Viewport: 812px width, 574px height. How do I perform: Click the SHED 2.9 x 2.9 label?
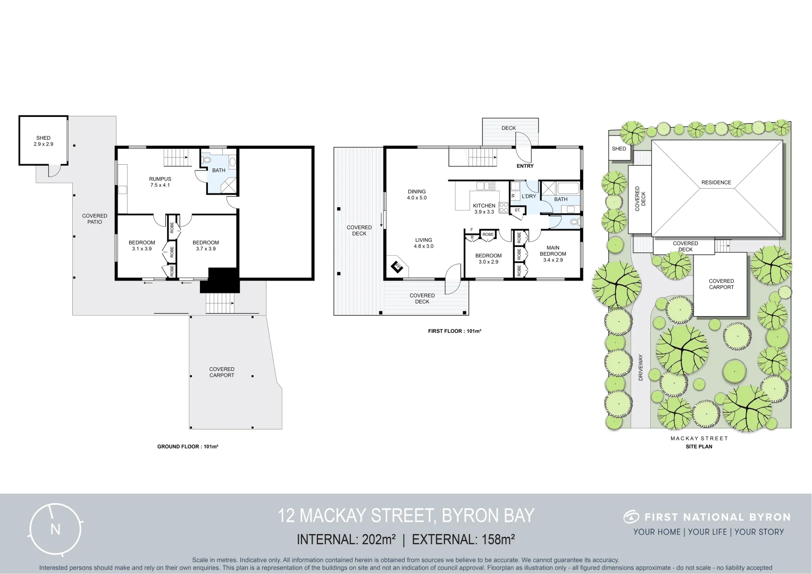(x=44, y=141)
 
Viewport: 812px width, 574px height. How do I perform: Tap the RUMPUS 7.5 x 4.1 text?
(x=160, y=182)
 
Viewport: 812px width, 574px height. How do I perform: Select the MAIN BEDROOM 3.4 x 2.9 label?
(x=553, y=254)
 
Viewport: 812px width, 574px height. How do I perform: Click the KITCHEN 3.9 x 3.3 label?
(x=484, y=208)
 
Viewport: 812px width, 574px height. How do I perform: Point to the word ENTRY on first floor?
(x=525, y=166)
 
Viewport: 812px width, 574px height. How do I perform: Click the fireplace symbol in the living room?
(x=397, y=266)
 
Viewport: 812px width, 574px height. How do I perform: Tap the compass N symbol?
(x=55, y=529)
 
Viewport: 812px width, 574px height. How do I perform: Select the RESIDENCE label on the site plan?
(x=716, y=182)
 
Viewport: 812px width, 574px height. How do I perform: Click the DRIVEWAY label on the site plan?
(x=641, y=367)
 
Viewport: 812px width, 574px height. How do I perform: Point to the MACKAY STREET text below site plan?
(x=699, y=438)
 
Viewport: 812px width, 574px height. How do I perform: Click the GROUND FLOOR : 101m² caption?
(x=188, y=446)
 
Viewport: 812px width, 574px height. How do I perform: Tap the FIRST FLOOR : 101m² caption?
(x=454, y=331)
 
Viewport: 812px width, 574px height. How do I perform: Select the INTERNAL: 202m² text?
(x=346, y=539)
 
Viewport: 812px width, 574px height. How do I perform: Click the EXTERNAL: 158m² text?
(x=463, y=539)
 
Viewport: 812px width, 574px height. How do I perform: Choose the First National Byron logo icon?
(x=631, y=517)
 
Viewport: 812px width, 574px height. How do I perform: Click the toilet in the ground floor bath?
(x=207, y=158)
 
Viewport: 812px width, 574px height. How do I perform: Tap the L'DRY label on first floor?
(x=529, y=196)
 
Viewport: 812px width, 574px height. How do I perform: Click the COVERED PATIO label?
(x=95, y=219)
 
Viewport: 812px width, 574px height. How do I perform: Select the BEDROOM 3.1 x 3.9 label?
(x=142, y=246)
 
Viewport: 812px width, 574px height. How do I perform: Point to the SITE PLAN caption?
(x=699, y=446)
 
